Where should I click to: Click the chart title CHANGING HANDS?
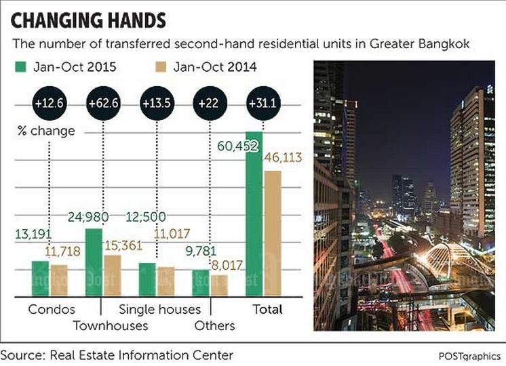tap(88, 20)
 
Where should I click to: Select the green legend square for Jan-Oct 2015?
tap(20, 67)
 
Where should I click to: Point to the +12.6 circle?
tap(47, 104)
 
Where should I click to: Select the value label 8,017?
tap(223, 266)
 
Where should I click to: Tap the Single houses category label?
tap(160, 310)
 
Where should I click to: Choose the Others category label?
tap(214, 326)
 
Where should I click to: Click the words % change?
tap(45, 131)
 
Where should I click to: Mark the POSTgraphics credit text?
tap(468, 356)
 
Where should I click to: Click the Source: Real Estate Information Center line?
tap(117, 354)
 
